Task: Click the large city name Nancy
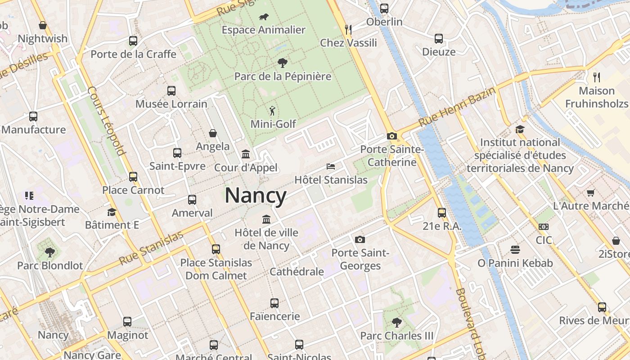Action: pos(256,196)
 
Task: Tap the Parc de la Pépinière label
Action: pos(283,76)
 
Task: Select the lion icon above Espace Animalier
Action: pos(264,17)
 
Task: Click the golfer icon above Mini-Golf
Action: pos(272,111)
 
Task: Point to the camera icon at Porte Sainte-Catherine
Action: pos(391,136)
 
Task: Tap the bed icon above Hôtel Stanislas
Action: pos(331,166)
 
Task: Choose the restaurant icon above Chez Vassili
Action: pos(348,30)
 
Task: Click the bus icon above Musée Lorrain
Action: pos(171,91)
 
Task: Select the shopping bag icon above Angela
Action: pos(213,133)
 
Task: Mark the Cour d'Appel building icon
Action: pos(246,154)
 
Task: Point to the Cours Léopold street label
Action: pos(106,121)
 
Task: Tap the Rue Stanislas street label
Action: pos(151,248)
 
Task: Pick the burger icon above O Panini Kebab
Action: pos(515,249)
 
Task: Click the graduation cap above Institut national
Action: pos(520,130)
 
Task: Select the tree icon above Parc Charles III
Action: pos(396,322)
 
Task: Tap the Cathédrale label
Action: pos(297,272)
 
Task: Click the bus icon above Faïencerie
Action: pos(274,303)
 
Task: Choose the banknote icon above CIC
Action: pos(544,227)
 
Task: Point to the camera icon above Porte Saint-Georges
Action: pos(360,239)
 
